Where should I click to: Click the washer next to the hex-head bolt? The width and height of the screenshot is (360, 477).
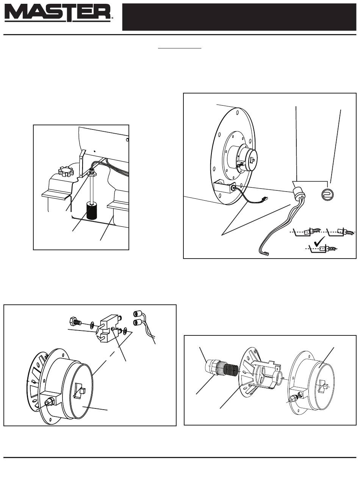click(x=92, y=325)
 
